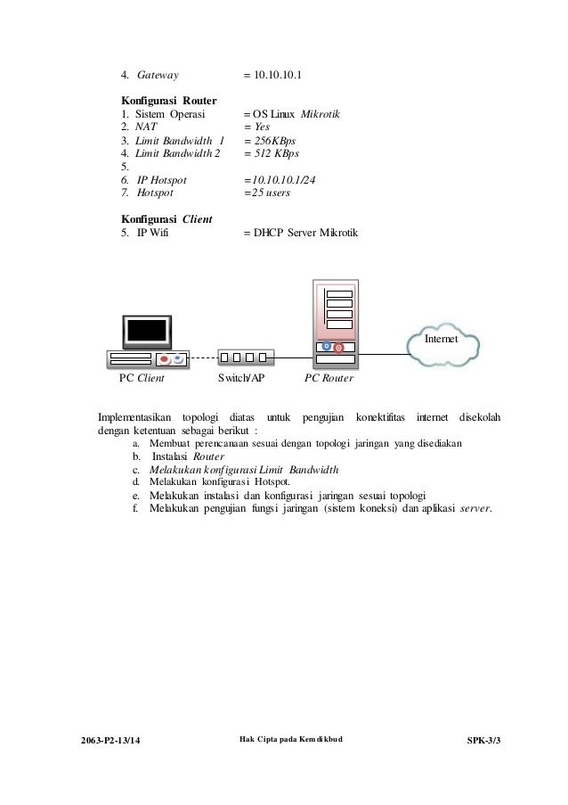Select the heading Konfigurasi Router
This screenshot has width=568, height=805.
point(169,101)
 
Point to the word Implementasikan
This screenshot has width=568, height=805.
point(134,418)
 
